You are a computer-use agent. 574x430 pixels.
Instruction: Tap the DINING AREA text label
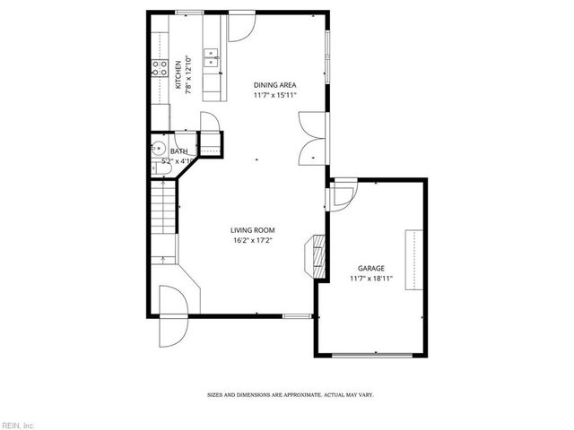tap(274, 85)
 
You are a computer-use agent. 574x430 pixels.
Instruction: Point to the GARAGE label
tap(371, 268)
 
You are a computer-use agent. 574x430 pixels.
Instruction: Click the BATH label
tap(179, 151)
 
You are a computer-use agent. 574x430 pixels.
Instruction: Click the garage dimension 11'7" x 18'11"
tap(371, 279)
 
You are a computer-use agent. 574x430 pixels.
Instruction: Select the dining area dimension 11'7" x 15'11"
tap(274, 95)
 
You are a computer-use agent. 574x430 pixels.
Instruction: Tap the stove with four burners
tap(159, 65)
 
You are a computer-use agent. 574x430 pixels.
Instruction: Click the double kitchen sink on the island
tap(212, 62)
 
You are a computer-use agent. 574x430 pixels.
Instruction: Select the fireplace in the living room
tap(316, 254)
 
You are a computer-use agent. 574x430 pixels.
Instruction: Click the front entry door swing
tap(171, 319)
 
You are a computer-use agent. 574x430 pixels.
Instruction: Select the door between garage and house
tap(340, 196)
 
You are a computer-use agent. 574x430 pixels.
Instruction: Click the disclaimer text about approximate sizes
tap(291, 394)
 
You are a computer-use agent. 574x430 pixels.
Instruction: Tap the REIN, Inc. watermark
tap(18, 424)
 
